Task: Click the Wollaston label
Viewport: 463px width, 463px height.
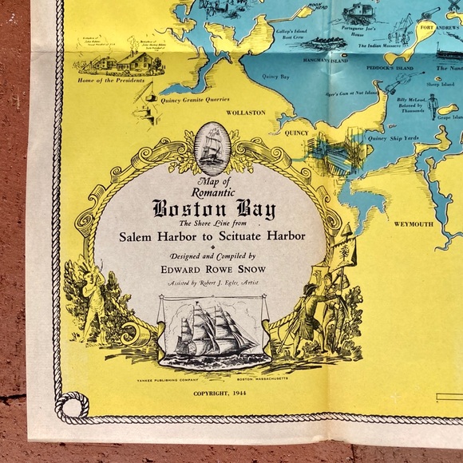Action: (245, 113)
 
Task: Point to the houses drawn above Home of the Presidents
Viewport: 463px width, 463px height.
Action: (128, 60)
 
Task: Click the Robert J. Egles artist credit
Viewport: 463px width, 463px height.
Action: (214, 283)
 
